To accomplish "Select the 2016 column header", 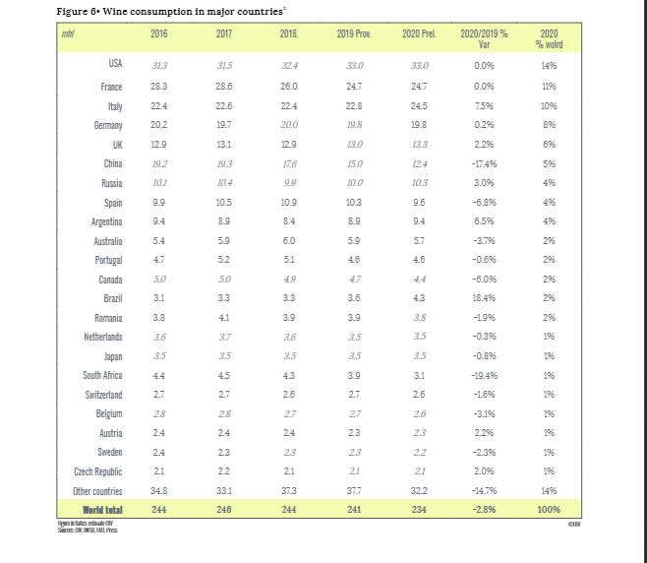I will tap(158, 34).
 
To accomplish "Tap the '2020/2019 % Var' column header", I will tap(484, 39).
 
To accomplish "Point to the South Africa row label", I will tap(102, 375).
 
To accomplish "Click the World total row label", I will tap(102, 509).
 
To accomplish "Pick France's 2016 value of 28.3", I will tap(158, 87).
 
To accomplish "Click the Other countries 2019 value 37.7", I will tap(351, 490).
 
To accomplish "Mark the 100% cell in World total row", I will tap(549, 509).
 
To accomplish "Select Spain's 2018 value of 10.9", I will tap(288, 202).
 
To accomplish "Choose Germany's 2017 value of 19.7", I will tap(223, 125).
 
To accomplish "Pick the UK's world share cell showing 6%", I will tap(549, 145).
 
